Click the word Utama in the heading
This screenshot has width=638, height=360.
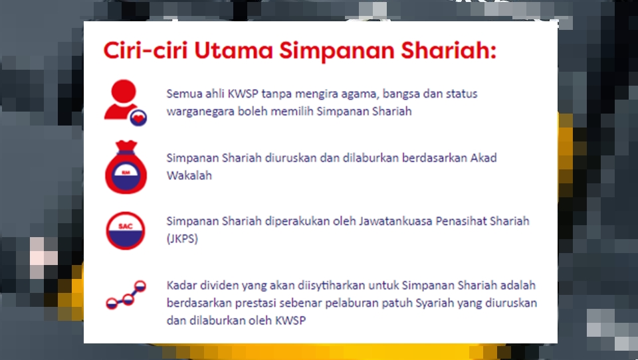tap(233, 50)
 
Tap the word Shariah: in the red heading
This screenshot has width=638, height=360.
tap(449, 50)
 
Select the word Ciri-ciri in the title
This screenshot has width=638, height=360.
tap(146, 50)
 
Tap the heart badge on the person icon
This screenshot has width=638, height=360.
tap(138, 118)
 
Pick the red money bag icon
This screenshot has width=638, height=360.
tap(126, 167)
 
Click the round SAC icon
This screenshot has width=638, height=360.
tap(126, 230)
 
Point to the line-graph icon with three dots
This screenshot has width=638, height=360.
tap(126, 294)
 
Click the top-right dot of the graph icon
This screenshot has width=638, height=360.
tap(140, 286)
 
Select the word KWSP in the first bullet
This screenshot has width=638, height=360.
tap(243, 94)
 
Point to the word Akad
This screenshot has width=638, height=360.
tap(483, 158)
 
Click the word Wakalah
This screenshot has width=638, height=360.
tap(189, 175)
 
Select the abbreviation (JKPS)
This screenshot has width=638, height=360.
tap(182, 238)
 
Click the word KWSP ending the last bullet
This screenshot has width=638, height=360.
tap(290, 321)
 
